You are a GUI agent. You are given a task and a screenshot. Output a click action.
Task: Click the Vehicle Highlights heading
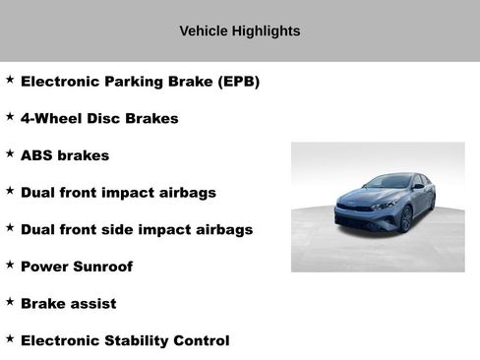pyautogui.click(x=239, y=31)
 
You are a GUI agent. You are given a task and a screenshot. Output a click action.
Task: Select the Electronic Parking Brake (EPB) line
pyautogui.click(x=140, y=82)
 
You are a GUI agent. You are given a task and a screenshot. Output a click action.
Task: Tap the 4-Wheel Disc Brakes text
pyautogui.click(x=99, y=119)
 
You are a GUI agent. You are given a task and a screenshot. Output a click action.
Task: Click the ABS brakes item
pyautogui.click(x=65, y=155)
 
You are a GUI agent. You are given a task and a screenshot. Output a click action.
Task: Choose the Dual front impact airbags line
pyautogui.click(x=118, y=193)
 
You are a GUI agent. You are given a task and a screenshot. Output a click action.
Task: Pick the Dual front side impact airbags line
pyautogui.click(x=137, y=229)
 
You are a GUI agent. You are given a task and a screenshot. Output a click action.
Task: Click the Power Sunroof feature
pyautogui.click(x=77, y=267)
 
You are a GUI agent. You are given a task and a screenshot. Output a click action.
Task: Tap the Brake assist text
pyautogui.click(x=68, y=304)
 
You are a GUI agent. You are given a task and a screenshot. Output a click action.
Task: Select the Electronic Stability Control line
pyautogui.click(x=125, y=341)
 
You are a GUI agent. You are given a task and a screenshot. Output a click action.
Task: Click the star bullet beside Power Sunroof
pyautogui.click(x=10, y=265)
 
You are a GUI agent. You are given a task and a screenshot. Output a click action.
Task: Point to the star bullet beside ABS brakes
pyautogui.click(x=10, y=153)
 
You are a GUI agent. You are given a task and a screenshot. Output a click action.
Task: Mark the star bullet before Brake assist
pyautogui.click(x=10, y=302)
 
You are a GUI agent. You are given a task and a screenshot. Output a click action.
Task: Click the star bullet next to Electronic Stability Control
pyautogui.click(x=10, y=339)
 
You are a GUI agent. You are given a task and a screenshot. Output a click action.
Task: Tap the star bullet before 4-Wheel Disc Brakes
pyautogui.click(x=10, y=117)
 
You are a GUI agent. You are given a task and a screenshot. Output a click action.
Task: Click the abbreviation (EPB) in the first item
pyautogui.click(x=239, y=82)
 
